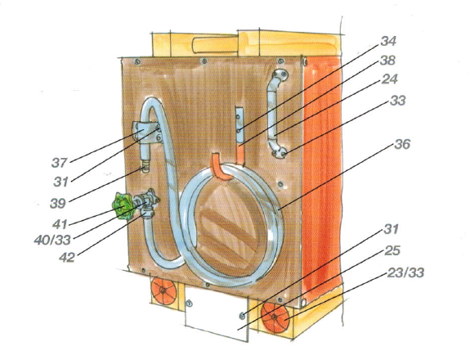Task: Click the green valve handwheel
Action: pos(123,206)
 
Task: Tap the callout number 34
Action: pos(388,41)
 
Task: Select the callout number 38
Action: pos(387,61)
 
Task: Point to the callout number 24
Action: pos(389,79)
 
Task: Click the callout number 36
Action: pos(402,144)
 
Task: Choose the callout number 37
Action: pos(60,163)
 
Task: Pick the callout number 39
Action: pos(58,204)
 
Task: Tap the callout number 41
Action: pos(60,224)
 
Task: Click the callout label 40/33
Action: pos(52,240)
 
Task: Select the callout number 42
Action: pos(66,258)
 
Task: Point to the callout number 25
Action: pos(392,250)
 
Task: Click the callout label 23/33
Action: pos(405,273)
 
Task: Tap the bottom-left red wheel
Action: pos(163,290)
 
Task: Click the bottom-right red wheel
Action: pos(275,317)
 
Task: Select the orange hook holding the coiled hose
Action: pos(222,167)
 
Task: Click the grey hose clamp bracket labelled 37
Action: pos(146,132)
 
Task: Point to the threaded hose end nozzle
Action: pos(145,167)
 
